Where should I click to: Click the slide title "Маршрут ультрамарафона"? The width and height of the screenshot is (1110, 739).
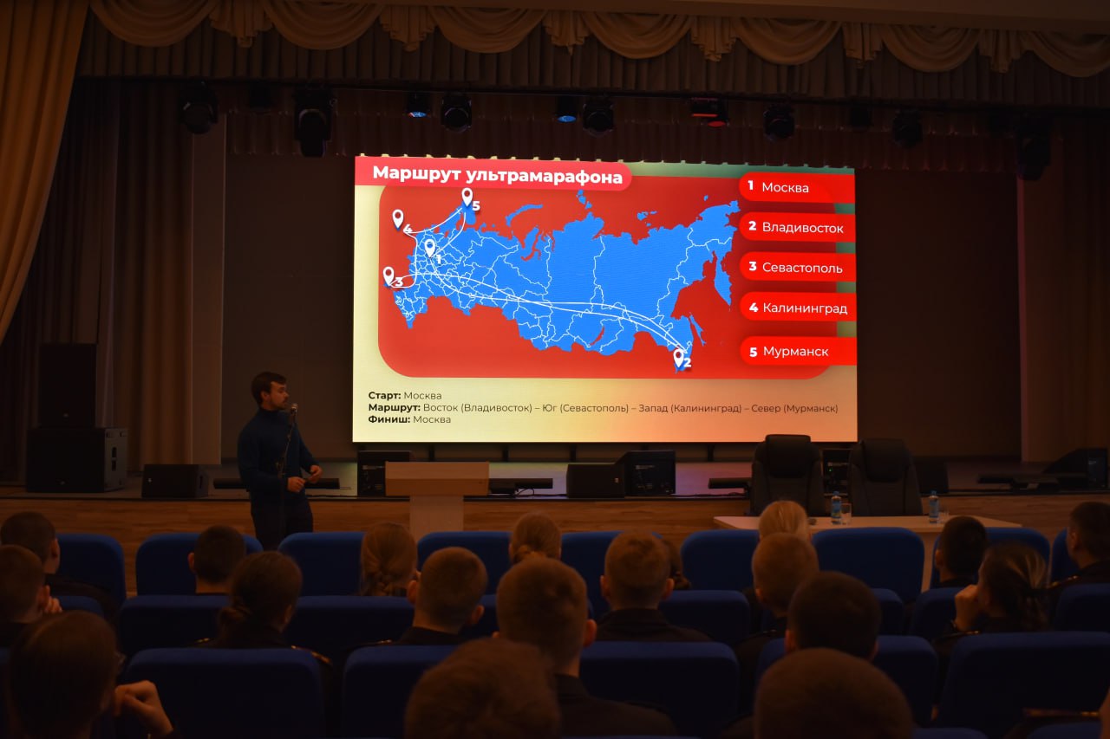click(497, 175)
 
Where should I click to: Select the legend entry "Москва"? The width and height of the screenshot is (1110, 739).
click(785, 188)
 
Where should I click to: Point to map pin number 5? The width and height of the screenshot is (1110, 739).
click(467, 197)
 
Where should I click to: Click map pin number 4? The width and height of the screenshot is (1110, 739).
click(398, 219)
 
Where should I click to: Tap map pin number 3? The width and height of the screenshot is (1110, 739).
click(388, 276)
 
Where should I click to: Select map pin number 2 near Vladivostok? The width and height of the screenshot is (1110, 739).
click(678, 358)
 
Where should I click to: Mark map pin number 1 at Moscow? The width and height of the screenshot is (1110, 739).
click(429, 248)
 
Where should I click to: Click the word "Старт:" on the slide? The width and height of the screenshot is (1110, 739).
click(384, 395)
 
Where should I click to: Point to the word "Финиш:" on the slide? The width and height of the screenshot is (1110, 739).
click(389, 419)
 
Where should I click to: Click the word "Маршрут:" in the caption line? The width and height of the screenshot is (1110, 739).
click(394, 407)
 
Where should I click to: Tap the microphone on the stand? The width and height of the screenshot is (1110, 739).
click(294, 408)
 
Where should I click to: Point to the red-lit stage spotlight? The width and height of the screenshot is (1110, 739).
click(709, 113)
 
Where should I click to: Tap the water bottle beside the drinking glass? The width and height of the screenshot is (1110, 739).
click(835, 508)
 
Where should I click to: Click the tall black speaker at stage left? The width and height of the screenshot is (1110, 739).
click(68, 385)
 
